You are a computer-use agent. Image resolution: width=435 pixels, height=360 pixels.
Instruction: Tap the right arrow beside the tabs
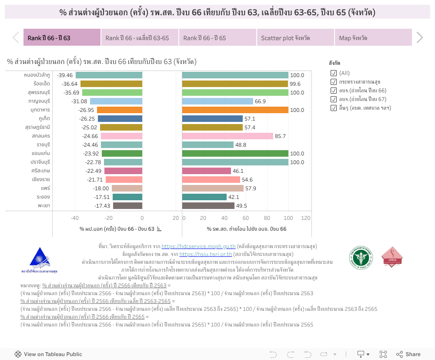click(x=419, y=38)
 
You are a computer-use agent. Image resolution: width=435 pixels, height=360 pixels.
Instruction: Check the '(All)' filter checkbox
click(x=334, y=73)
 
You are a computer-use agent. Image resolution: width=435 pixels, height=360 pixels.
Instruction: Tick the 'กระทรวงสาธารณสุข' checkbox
click(x=334, y=82)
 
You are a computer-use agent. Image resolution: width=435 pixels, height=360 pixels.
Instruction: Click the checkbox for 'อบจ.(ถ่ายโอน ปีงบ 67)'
click(x=334, y=99)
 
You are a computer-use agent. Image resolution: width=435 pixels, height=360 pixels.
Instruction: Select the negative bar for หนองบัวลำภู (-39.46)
click(x=109, y=75)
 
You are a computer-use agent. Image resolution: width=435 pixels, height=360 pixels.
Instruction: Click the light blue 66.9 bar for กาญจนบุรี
click(x=217, y=101)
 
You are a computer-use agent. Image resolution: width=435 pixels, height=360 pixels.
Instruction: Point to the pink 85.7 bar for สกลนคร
click(x=228, y=136)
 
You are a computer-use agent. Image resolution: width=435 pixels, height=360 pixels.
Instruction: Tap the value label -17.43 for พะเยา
click(x=102, y=206)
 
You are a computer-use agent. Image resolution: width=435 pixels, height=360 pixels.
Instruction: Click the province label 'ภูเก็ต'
click(x=44, y=119)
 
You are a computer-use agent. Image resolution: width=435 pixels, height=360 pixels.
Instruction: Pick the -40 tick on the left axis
click(x=75, y=218)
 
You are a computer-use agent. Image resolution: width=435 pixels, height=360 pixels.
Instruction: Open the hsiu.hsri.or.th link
click(x=205, y=254)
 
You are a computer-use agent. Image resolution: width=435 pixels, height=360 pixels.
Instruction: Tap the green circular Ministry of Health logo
click(x=361, y=257)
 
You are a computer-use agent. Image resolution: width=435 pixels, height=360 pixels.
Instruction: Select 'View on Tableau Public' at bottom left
click(x=48, y=354)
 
